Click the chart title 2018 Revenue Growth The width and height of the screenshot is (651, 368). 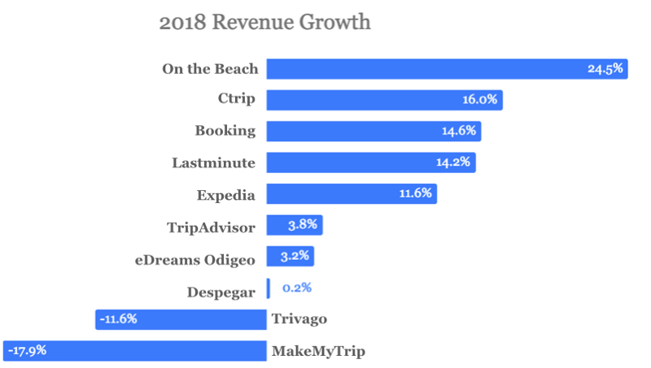[x=264, y=22]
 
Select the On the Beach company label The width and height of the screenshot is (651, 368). [x=210, y=69]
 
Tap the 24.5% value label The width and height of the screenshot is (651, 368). [x=605, y=69]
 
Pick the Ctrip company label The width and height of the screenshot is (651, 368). [x=237, y=100]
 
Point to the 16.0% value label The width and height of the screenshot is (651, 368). [x=479, y=100]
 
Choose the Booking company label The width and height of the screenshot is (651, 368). [x=225, y=131]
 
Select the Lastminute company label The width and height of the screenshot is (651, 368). [x=214, y=162]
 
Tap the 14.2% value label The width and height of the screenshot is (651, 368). [x=453, y=162]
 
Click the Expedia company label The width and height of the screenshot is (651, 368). [x=226, y=194]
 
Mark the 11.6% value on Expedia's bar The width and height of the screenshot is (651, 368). [x=414, y=194]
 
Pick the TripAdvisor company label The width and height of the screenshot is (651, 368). [x=211, y=226]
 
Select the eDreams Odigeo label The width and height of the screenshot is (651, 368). [x=195, y=258]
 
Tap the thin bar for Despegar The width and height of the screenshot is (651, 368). [x=268, y=288]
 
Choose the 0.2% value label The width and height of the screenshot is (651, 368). [x=297, y=288]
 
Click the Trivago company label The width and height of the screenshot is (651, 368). [x=299, y=319]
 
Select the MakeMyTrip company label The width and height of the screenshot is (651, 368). [x=318, y=351]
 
